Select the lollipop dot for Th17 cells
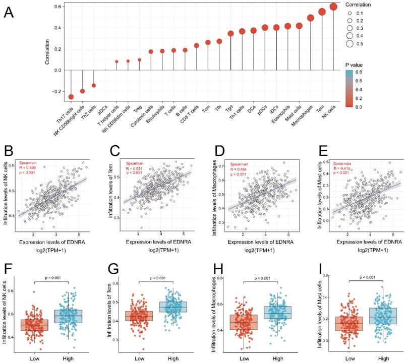(71, 96)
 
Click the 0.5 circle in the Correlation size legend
(349, 44)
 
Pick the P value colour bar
(349, 89)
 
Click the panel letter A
(9, 13)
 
